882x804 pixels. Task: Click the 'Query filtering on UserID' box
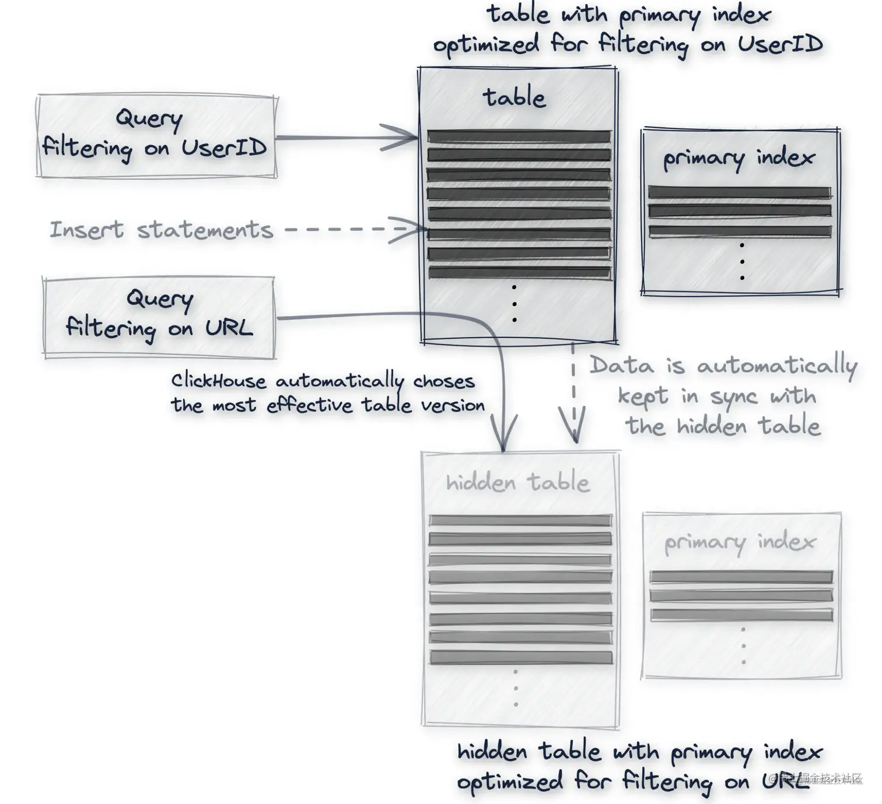tap(156, 135)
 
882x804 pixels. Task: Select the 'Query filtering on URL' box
tap(159, 317)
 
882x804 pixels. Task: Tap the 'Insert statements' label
tap(161, 230)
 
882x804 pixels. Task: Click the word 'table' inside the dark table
tap(514, 97)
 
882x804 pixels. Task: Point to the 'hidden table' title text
tap(517, 482)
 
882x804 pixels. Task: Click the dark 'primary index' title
tap(738, 158)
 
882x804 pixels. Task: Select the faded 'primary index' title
tap(740, 543)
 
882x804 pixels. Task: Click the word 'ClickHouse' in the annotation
tap(218, 381)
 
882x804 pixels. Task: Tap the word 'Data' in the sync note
tap(621, 366)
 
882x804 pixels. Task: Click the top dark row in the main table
tap(519, 137)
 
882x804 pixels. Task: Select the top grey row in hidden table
tap(520, 521)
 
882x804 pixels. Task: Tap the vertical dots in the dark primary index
tap(741, 262)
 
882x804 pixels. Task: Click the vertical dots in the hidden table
tap(516, 688)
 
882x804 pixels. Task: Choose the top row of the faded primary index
tap(741, 577)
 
